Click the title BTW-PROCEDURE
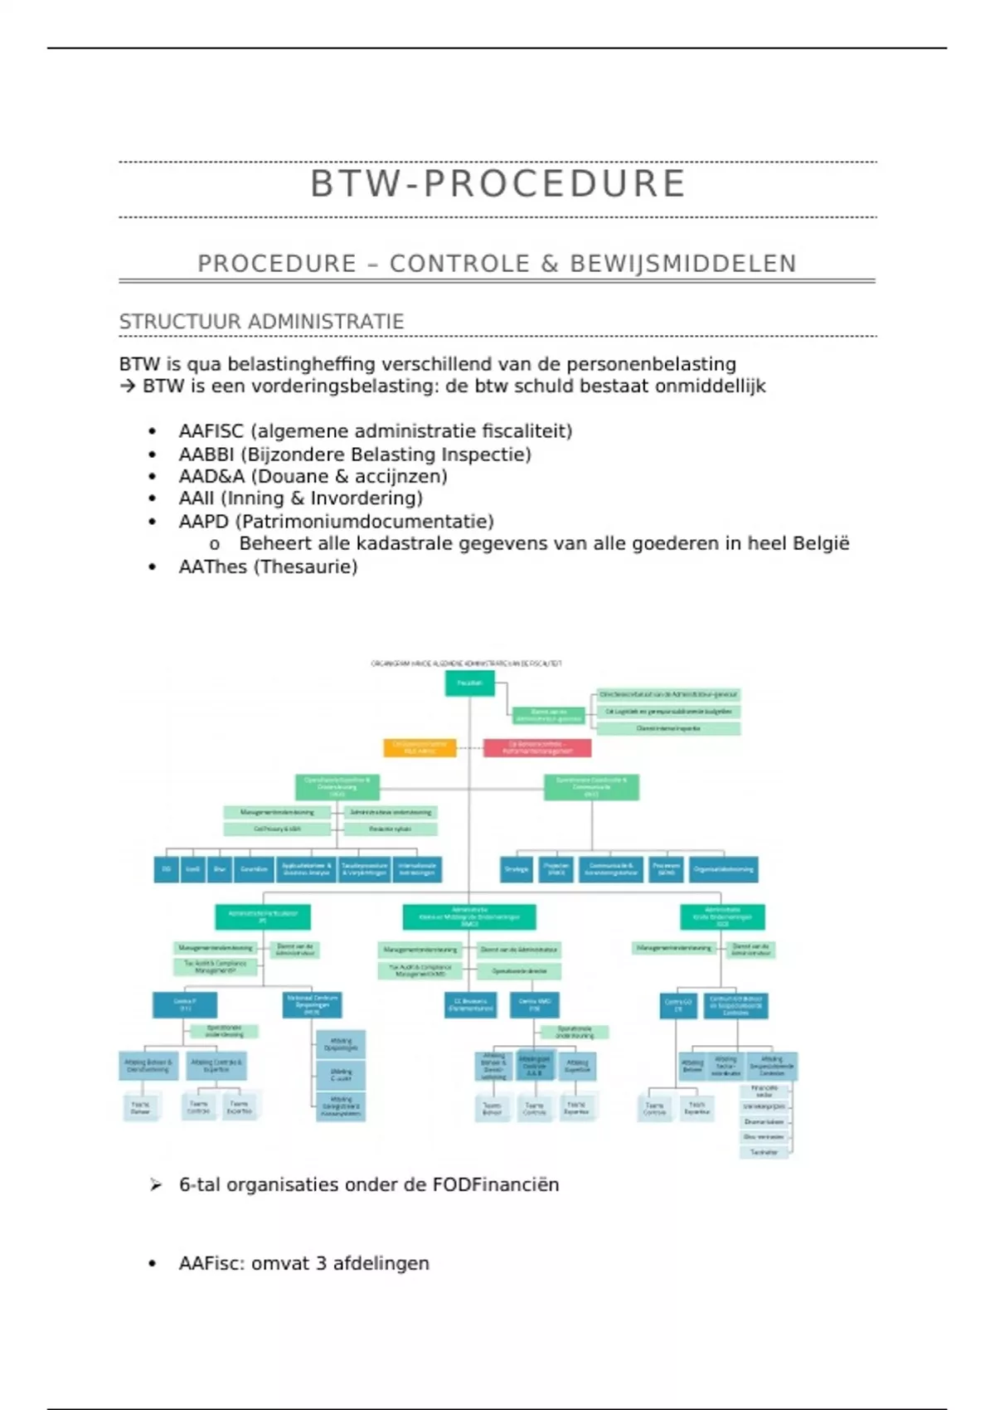[498, 183]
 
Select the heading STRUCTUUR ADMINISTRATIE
[261, 322]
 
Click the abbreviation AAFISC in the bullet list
[211, 431]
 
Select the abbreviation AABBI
[206, 455]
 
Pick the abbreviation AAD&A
[211, 477]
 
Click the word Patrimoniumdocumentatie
[365, 522]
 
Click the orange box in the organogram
[420, 747]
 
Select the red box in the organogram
[537, 747]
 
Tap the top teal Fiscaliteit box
[469, 683]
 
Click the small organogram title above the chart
[466, 664]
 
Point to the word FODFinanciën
[495, 1184]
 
